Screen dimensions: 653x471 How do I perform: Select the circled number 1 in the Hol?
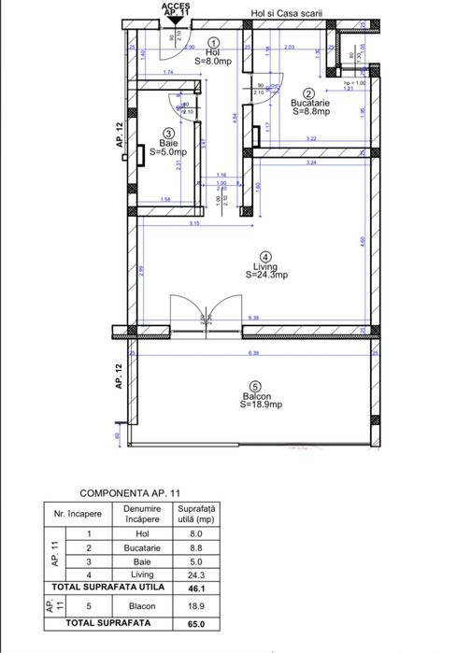214,42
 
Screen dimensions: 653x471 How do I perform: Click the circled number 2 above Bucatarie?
307,92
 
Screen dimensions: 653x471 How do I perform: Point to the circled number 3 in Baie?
166,133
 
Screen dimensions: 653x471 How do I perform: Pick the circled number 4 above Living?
265,256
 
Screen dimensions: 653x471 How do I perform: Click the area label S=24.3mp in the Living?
266,276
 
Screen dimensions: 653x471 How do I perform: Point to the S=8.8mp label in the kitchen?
309,111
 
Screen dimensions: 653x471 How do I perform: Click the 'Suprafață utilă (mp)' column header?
195,513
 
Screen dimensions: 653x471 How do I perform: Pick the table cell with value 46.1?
195,587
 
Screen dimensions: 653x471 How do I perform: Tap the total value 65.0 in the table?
195,623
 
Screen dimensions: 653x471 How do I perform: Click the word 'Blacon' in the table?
141,604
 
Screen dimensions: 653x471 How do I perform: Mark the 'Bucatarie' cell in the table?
141,547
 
